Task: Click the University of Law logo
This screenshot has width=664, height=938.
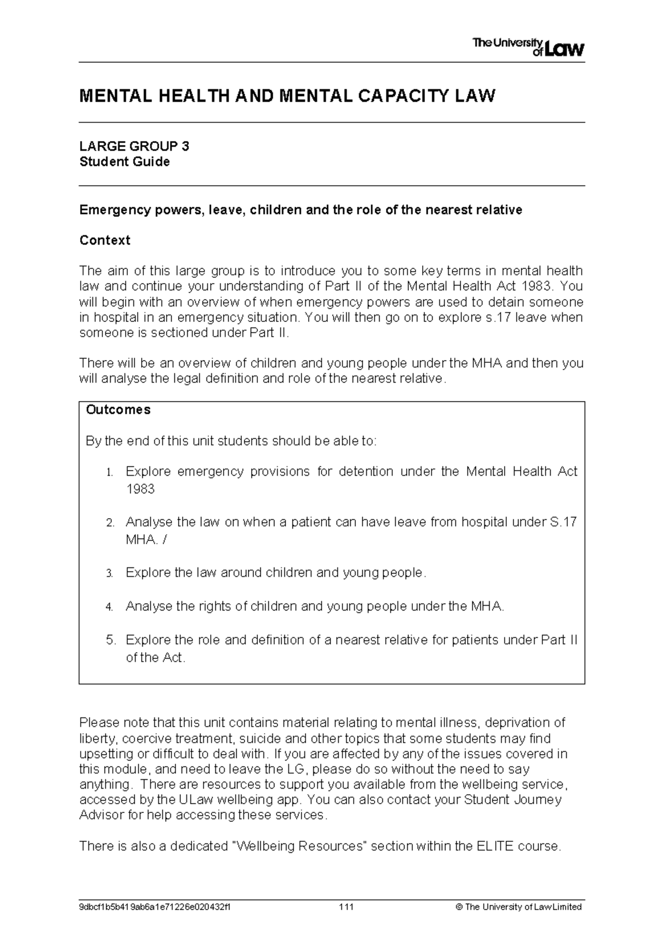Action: tap(528, 48)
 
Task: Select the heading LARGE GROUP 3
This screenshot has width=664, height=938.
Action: tap(134, 146)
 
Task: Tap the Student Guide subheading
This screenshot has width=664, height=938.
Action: tap(124, 162)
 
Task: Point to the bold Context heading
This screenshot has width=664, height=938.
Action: tap(105, 240)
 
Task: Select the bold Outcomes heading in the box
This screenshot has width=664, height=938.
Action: tap(118, 410)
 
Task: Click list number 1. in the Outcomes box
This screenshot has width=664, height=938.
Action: tap(110, 472)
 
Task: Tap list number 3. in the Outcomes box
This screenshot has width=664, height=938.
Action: tap(110, 574)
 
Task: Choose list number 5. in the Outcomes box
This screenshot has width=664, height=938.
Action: tap(110, 640)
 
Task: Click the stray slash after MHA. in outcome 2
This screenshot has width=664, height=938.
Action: tap(164, 540)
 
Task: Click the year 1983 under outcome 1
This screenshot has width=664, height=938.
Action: tap(140, 489)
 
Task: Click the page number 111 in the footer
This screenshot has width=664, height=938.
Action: tap(346, 907)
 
